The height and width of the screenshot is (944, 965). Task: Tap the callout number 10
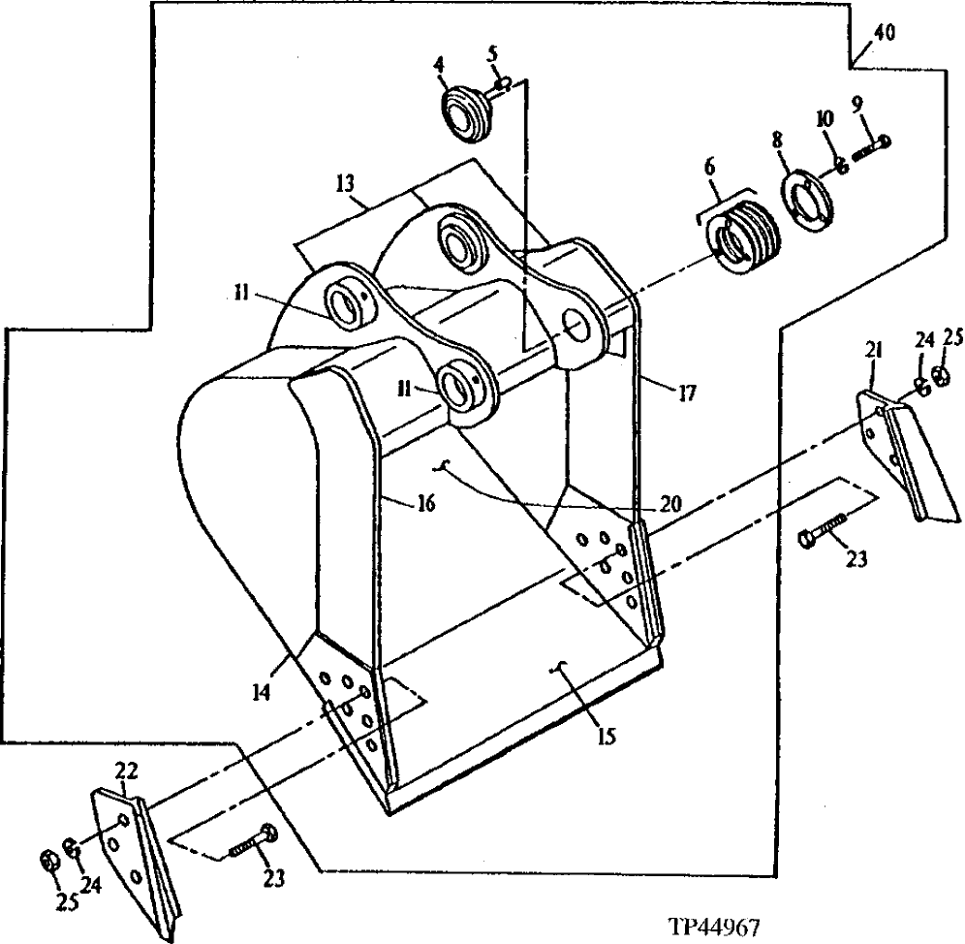pyautogui.click(x=824, y=119)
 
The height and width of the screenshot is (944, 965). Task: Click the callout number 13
pyautogui.click(x=346, y=181)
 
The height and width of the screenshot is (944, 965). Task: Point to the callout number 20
pyautogui.click(x=669, y=504)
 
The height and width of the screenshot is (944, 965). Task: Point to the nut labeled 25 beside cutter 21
pyautogui.click(x=939, y=376)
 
